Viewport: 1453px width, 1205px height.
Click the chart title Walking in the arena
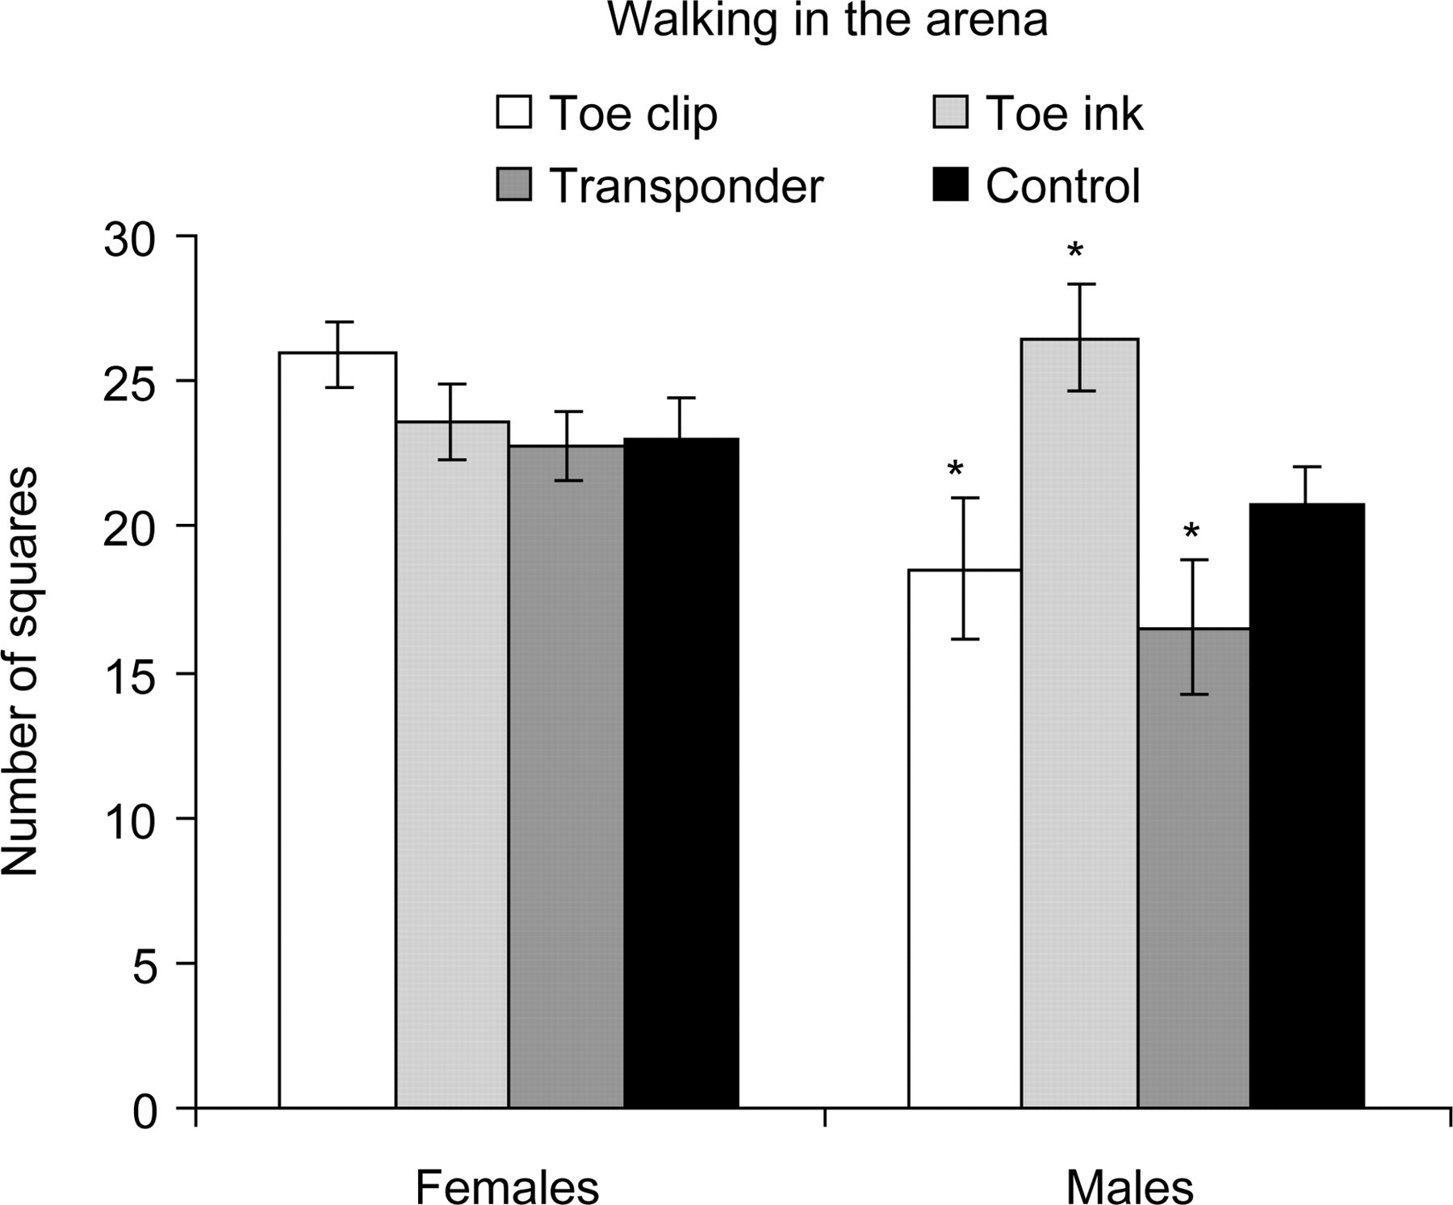click(x=827, y=20)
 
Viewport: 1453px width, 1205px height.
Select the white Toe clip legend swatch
click(x=514, y=112)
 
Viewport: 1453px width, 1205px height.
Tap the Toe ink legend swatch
click(x=950, y=112)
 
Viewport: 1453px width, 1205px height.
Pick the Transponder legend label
click(x=686, y=186)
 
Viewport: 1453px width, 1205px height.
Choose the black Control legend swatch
click(x=950, y=184)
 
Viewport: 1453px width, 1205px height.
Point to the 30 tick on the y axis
click(x=186, y=236)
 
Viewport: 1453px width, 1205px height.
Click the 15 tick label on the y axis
click(x=130, y=672)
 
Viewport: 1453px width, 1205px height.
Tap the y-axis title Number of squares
click(x=20, y=672)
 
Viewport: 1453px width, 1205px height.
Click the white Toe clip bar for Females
click(x=337, y=730)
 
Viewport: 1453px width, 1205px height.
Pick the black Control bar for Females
click(x=681, y=772)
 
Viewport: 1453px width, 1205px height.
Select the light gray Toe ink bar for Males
click(x=1080, y=723)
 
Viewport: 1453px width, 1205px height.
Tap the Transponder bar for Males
click(x=1194, y=868)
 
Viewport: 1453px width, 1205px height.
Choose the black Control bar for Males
click(x=1307, y=805)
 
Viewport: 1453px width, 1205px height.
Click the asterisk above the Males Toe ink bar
click(x=1074, y=250)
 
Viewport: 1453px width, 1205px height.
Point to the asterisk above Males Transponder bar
click(x=1191, y=531)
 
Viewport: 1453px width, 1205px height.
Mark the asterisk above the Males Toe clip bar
click(x=956, y=468)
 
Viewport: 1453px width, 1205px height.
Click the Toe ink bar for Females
click(x=452, y=764)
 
